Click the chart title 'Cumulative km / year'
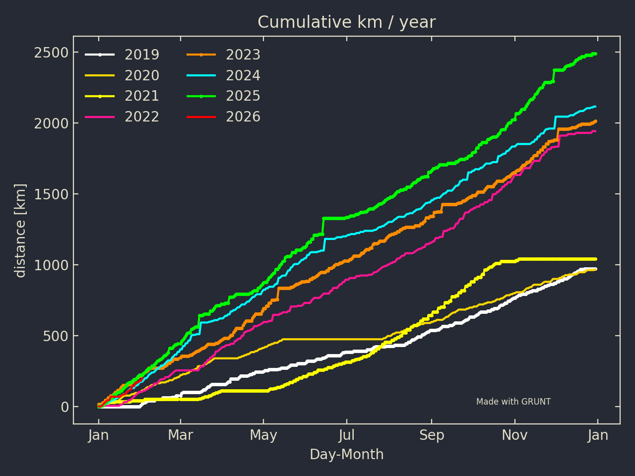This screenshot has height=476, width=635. point(346,22)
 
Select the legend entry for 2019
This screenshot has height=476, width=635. point(141,55)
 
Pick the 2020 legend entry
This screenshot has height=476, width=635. point(141,75)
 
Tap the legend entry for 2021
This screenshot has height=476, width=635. point(141,96)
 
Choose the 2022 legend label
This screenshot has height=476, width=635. point(141,117)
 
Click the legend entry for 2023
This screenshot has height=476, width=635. point(243,55)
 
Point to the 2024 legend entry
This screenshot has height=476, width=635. point(243,75)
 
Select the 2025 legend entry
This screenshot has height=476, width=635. point(243,96)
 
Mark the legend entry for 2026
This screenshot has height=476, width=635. point(243,117)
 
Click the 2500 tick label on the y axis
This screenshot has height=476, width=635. point(51,53)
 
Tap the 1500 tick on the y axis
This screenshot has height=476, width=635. point(51,194)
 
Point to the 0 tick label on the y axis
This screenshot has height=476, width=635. point(64,407)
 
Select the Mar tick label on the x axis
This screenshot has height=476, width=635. point(181,435)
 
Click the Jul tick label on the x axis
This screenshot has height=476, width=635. point(347,435)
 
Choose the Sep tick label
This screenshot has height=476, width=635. point(432,435)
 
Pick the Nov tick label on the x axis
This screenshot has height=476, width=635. point(514,435)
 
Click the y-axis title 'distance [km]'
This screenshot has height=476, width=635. point(20,231)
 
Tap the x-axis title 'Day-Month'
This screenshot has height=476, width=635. point(346,455)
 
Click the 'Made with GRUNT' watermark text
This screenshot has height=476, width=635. point(513,402)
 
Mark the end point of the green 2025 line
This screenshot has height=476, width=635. point(595,54)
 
